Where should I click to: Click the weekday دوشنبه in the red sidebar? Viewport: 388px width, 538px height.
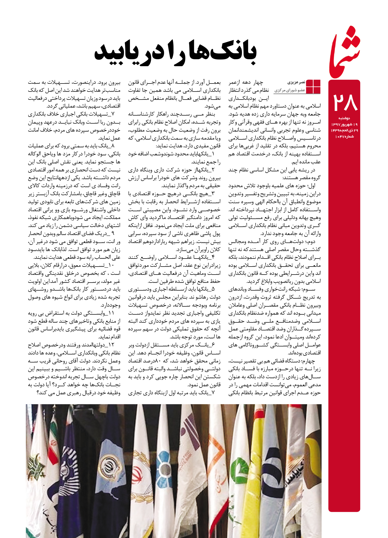tap(344, 118)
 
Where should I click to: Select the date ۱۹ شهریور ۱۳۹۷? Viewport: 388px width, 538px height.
tap(344, 124)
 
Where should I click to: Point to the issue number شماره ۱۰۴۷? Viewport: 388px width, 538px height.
tap(344, 137)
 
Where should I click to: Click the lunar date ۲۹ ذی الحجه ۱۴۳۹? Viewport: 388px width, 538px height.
tap(344, 130)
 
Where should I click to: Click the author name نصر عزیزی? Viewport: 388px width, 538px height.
tap(296, 82)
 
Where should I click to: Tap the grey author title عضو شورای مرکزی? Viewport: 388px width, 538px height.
tap(290, 90)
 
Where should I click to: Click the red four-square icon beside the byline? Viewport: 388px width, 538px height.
tap(313, 87)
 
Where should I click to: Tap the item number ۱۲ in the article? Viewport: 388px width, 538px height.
tap(111, 345)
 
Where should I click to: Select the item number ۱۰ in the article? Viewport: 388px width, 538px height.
tap(111, 265)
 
